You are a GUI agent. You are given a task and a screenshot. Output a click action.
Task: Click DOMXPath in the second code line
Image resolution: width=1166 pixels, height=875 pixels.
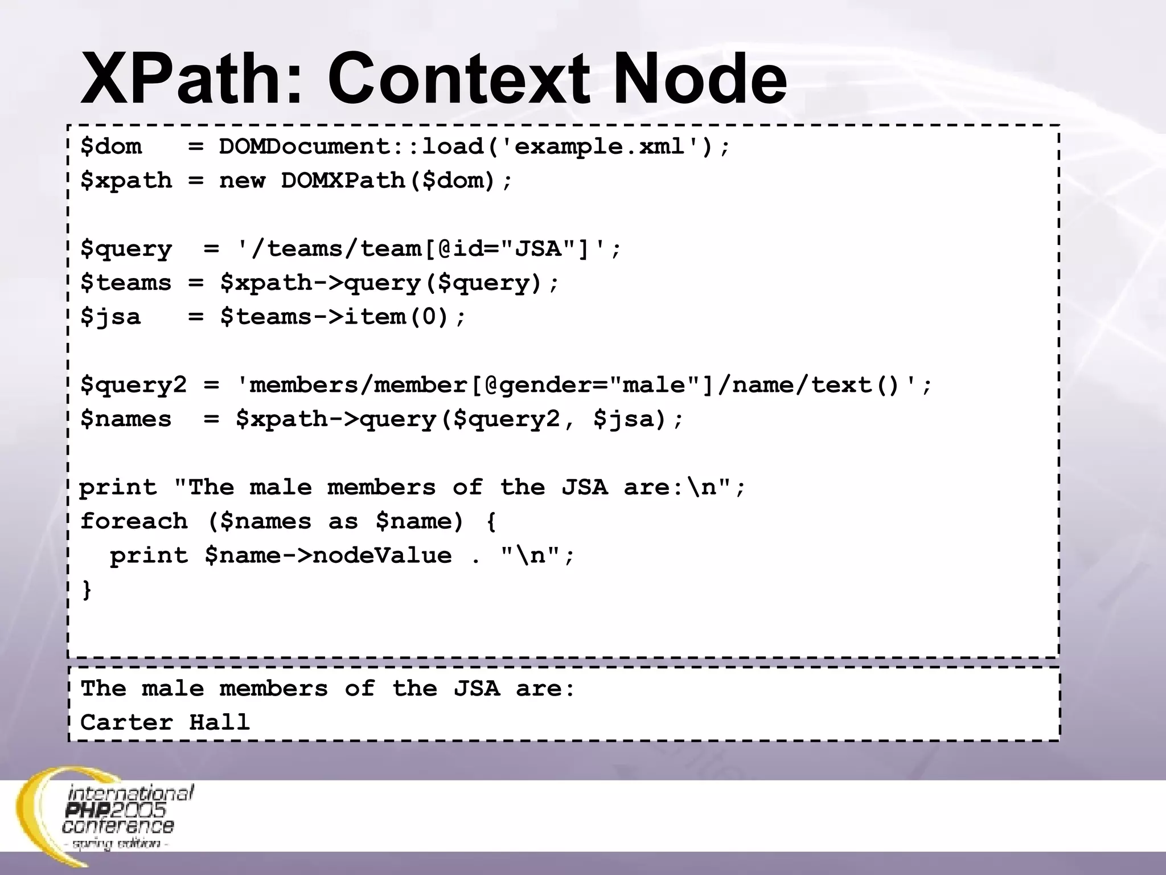tap(342, 181)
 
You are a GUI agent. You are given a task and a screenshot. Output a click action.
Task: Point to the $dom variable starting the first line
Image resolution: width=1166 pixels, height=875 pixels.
tap(111, 147)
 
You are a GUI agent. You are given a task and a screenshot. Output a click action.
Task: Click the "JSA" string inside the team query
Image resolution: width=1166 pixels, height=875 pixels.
tap(538, 249)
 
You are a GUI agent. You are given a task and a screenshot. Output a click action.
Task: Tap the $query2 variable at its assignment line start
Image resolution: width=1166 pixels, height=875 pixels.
tap(133, 385)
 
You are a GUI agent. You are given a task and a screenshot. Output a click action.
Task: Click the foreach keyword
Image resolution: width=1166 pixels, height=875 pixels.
tap(134, 521)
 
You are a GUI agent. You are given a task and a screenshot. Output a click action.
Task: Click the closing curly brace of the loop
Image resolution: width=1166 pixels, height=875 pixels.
tap(87, 589)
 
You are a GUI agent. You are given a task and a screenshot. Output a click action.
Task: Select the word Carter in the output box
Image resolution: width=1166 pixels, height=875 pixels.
tap(126, 722)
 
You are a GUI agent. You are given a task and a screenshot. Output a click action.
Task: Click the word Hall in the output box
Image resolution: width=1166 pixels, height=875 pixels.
tap(219, 722)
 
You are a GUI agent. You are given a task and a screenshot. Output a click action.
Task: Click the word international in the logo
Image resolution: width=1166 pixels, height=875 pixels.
tap(130, 793)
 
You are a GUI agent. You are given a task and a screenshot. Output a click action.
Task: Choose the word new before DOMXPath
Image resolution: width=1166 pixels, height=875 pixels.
tap(242, 181)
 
